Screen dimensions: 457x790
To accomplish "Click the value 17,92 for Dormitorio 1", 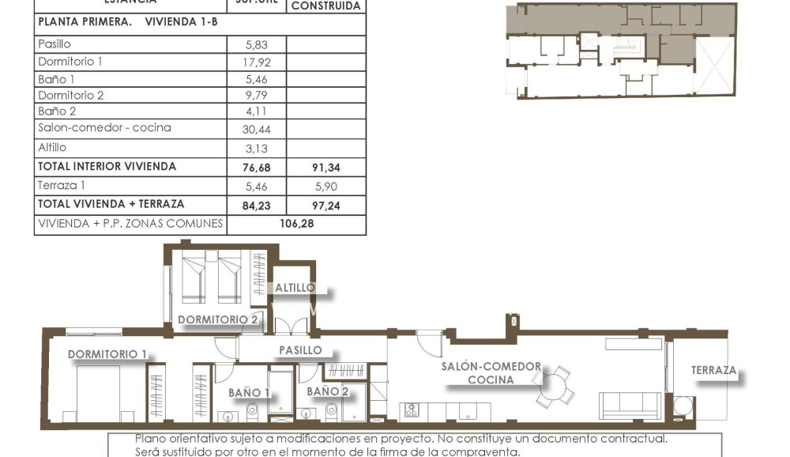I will coord(257,62).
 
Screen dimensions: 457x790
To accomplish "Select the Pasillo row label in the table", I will coord(55,44).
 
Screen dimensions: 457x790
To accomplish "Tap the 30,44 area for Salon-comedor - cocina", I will coord(257,129).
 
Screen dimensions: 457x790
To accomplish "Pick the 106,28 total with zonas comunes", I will coord(296,225).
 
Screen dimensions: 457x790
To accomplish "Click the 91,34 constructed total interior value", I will coord(325,168).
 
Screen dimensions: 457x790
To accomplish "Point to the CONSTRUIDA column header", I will coord(325,6).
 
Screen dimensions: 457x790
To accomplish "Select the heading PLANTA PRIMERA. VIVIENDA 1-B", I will coord(127,22).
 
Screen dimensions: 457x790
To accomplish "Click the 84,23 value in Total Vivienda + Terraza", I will coord(257,205).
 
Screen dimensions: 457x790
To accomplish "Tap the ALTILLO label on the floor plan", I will coord(295,288).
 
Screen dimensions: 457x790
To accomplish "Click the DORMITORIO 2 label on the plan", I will coord(218,319).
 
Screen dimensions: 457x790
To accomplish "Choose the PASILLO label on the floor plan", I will coord(300,349).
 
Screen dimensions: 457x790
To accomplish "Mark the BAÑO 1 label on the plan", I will coord(249,391).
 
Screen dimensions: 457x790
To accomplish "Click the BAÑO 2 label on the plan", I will coord(327,391).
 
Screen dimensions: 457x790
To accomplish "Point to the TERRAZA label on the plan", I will coord(713,370).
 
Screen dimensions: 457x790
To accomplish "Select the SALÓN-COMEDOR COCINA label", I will coord(491,373).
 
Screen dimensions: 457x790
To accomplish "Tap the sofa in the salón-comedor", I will coord(630,405).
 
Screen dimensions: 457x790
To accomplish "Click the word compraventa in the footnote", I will coord(481,451).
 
